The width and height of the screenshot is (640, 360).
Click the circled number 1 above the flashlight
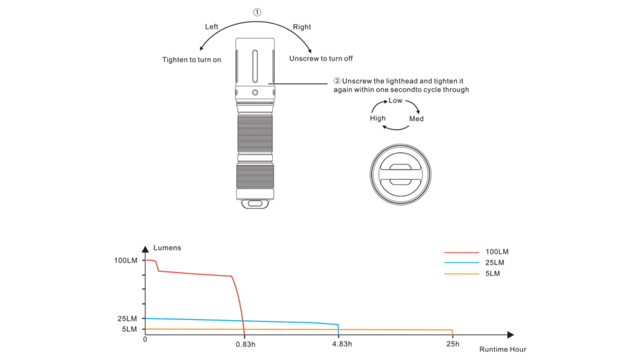(257, 12)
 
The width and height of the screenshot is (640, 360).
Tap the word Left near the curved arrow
(211, 27)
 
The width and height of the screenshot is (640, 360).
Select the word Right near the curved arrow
(302, 27)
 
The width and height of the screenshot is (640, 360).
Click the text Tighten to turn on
(192, 60)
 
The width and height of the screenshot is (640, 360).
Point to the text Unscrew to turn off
(321, 58)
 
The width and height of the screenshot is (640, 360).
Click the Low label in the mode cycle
(395, 100)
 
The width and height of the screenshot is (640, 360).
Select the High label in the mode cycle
(378, 118)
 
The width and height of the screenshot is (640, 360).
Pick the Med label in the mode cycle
(416, 118)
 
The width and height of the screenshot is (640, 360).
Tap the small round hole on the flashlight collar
(255, 93)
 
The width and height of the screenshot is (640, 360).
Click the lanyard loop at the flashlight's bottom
(255, 204)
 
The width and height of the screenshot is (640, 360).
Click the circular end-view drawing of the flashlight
(400, 174)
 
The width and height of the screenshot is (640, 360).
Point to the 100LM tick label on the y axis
(126, 261)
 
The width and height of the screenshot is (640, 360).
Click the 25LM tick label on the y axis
(127, 318)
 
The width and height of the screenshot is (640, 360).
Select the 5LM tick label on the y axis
(129, 329)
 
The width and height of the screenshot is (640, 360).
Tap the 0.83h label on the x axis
(245, 344)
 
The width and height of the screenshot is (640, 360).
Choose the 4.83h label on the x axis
(342, 344)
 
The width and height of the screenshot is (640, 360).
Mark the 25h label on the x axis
(453, 344)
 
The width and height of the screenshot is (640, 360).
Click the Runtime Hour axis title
(503, 350)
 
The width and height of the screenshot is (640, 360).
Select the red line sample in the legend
(461, 252)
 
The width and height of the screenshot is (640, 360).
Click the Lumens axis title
(167, 248)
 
